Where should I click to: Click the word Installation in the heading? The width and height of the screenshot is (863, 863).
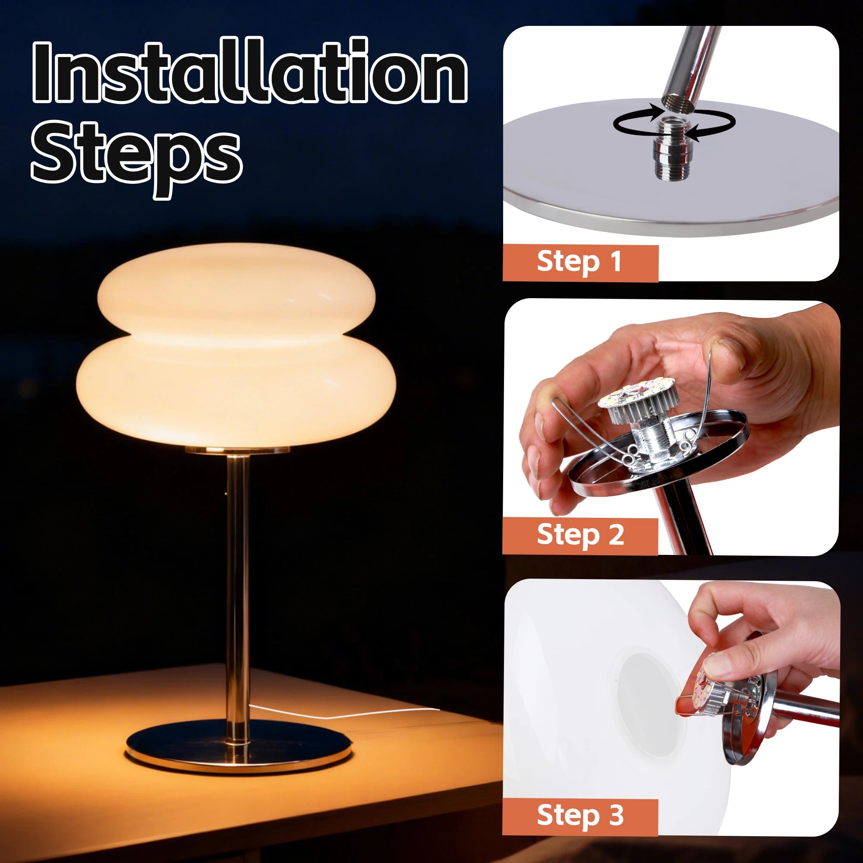249,72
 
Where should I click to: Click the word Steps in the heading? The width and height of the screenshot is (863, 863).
136,154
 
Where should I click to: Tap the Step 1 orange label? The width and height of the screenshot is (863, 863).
580,262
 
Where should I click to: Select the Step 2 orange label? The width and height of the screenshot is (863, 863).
580,535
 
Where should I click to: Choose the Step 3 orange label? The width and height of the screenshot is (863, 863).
580,816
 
